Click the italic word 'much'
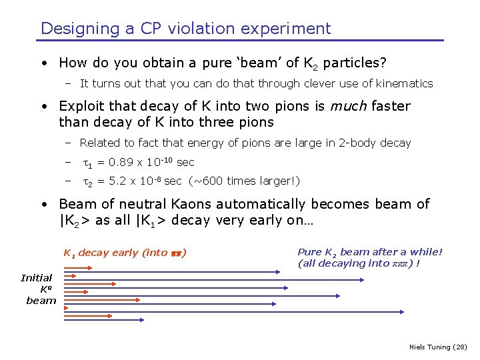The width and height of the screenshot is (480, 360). [x=351, y=106]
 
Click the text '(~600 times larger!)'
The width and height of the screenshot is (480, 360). [x=244, y=181]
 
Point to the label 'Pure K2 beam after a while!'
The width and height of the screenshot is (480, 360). [x=369, y=251]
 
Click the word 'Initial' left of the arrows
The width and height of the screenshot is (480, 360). [x=37, y=278]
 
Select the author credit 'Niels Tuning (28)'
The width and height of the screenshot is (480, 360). [x=437, y=347]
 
